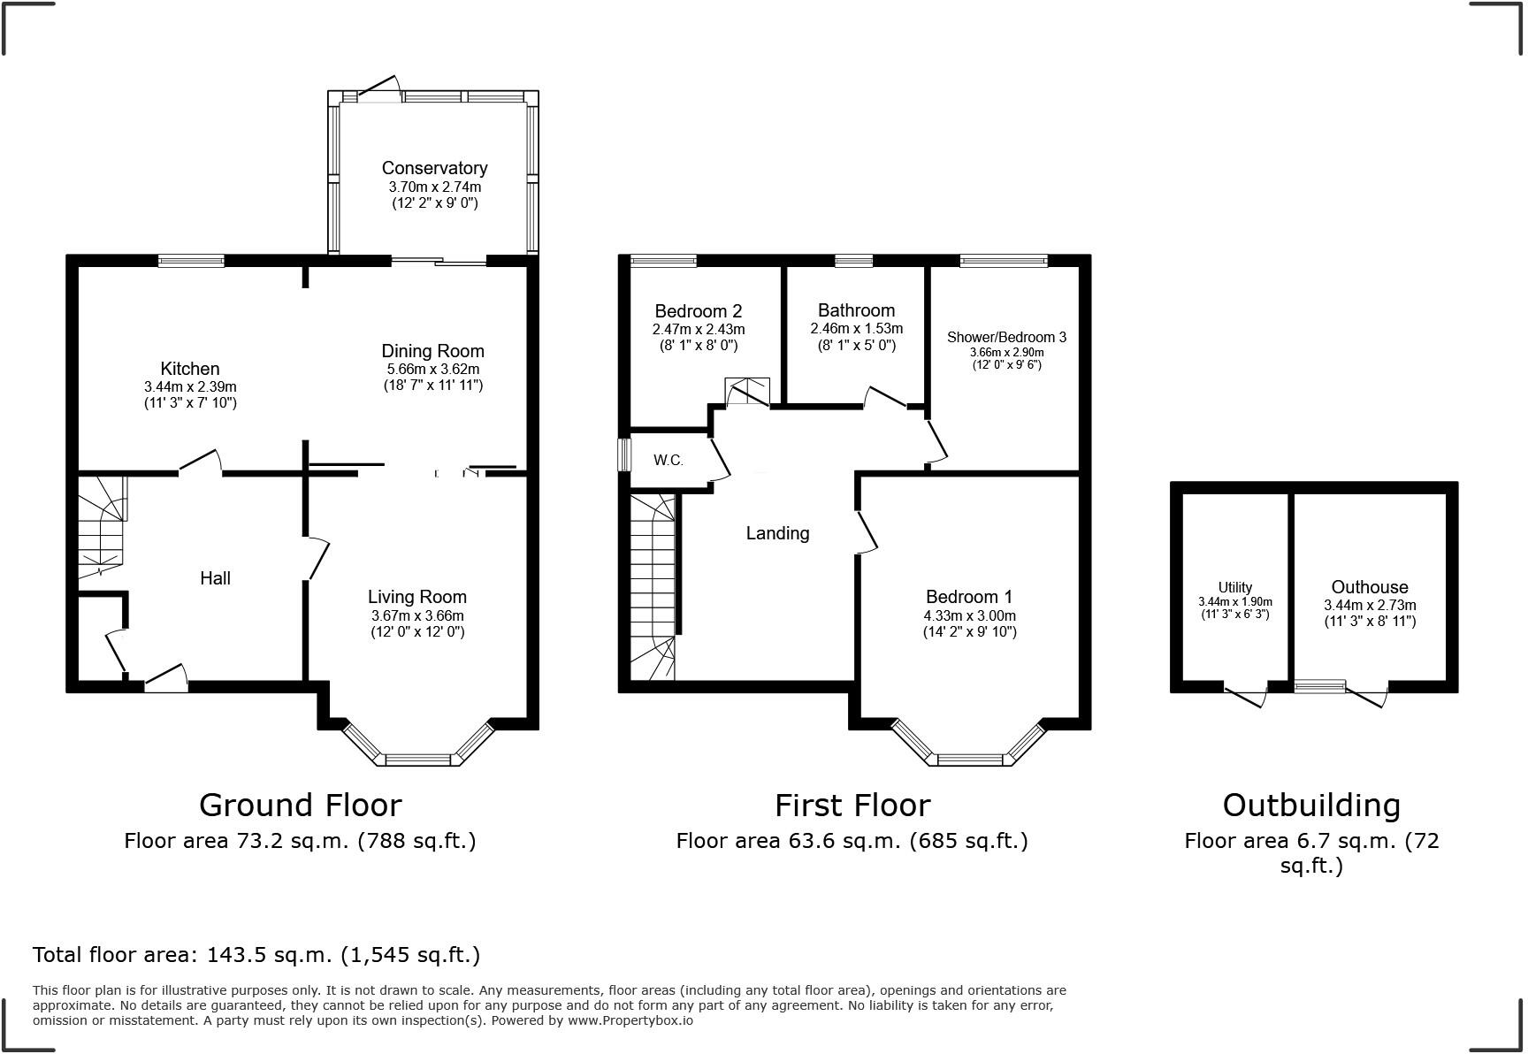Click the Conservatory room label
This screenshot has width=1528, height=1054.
pyautogui.click(x=434, y=168)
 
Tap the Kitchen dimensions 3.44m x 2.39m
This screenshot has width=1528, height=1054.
pyautogui.click(x=190, y=387)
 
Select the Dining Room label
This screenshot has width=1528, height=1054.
pyautogui.click(x=432, y=351)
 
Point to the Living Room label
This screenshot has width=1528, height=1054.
pyautogui.click(x=417, y=597)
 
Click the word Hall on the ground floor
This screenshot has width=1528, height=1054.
pyautogui.click(x=215, y=578)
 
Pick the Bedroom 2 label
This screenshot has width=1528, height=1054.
pyautogui.click(x=699, y=311)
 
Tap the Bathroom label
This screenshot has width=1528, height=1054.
pyautogui.click(x=856, y=310)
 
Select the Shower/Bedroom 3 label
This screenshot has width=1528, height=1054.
pyautogui.click(x=1006, y=337)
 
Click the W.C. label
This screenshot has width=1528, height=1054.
pyautogui.click(x=668, y=460)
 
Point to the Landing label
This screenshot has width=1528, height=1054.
pyautogui.click(x=777, y=533)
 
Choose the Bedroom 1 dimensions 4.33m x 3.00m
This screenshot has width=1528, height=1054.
pyautogui.click(x=970, y=616)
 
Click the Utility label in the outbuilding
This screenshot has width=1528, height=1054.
pyautogui.click(x=1234, y=587)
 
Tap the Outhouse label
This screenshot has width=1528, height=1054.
pyautogui.click(x=1370, y=587)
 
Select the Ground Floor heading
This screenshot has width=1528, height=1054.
pyautogui.click(x=300, y=806)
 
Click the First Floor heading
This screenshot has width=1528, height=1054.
pyautogui.click(x=852, y=806)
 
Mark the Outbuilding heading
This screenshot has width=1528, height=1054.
pyautogui.click(x=1311, y=806)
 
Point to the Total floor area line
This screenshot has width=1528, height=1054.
pyautogui.click(x=256, y=955)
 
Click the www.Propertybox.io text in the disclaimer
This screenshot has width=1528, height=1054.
pyautogui.click(x=630, y=1020)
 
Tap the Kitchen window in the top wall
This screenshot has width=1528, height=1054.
pyautogui.click(x=191, y=261)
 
